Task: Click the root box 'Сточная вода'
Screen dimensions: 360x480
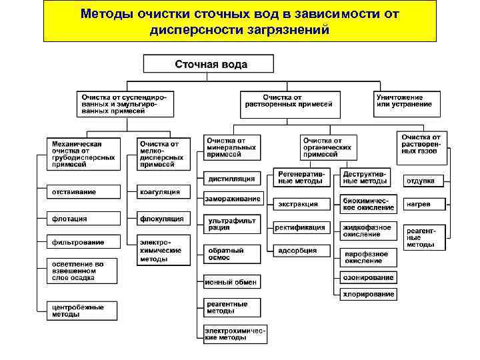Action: (x=209, y=65)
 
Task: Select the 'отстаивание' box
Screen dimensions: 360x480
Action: (x=84, y=192)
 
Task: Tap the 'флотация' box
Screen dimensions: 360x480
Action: (x=84, y=219)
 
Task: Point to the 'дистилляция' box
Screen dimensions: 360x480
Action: (x=232, y=178)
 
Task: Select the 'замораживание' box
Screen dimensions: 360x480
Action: (x=232, y=199)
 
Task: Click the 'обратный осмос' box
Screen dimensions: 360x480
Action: (x=232, y=255)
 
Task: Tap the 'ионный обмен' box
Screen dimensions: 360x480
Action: (x=232, y=283)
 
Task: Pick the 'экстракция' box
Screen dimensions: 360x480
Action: (x=301, y=203)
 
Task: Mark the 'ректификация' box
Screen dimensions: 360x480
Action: (x=301, y=227)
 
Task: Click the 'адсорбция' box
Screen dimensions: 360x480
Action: (x=301, y=251)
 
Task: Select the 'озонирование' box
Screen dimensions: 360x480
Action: (x=369, y=277)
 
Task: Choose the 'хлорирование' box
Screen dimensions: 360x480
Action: (x=369, y=294)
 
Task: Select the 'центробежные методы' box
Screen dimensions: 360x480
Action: (x=84, y=311)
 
